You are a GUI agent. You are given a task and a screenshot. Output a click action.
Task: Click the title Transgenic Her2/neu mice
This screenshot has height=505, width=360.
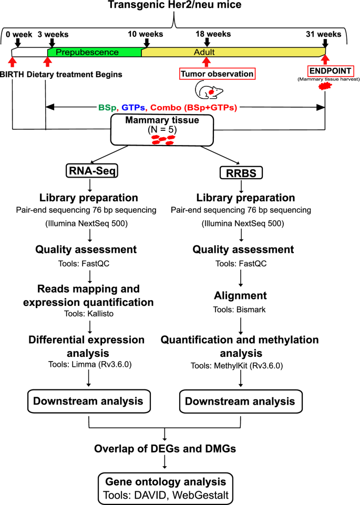174,6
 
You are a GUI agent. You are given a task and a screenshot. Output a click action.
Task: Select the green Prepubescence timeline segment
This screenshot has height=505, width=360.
95,53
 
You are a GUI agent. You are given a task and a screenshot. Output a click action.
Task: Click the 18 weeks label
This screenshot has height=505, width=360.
213,34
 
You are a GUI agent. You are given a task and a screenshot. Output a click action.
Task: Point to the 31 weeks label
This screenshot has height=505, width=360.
323,34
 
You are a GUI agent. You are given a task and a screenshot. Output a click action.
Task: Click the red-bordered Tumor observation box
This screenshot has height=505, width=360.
217,74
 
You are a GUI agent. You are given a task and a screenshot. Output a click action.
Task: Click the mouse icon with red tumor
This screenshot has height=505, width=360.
204,91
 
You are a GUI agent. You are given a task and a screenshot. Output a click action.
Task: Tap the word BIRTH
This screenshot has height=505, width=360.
12,74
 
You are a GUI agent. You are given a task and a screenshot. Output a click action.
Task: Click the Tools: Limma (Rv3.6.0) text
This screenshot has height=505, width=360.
91,362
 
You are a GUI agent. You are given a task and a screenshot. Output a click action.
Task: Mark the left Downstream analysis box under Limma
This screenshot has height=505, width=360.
88,401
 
